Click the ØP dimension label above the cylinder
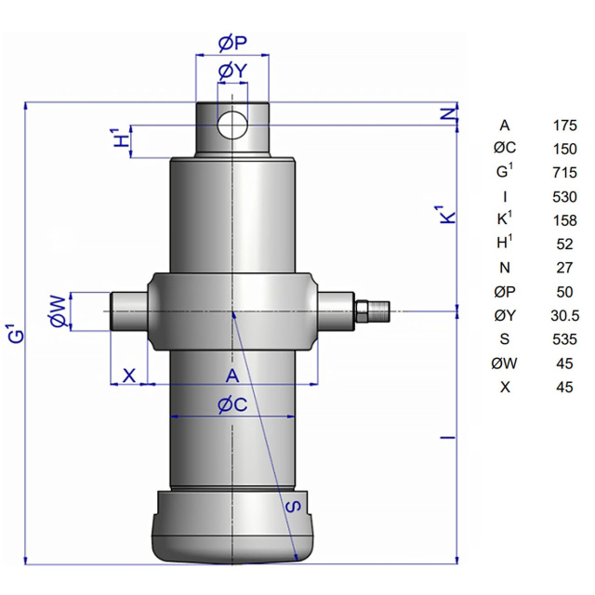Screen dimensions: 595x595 tap(232, 43)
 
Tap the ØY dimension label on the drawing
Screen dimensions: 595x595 tap(232, 71)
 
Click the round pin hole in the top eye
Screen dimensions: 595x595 tap(232, 125)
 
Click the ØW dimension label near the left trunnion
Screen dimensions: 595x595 tap(58, 311)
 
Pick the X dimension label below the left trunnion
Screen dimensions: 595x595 tap(129, 376)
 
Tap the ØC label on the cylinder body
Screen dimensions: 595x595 tap(232, 405)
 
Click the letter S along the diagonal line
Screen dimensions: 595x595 tap(293, 506)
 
